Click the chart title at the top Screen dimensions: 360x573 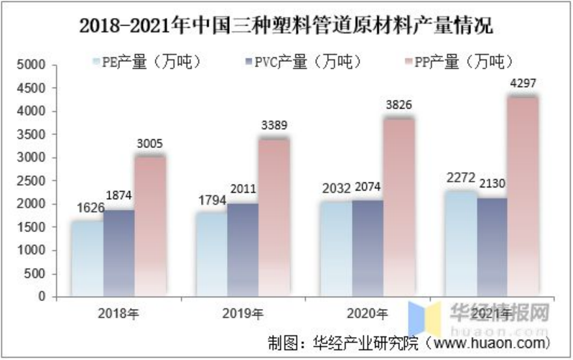(286, 27)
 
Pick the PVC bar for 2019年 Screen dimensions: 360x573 (243, 248)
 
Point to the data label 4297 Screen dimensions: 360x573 (522, 83)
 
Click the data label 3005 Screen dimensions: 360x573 (150, 143)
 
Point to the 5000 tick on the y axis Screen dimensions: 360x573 (32, 65)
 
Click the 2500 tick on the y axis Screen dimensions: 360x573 (32, 181)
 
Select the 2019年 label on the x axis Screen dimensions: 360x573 (243, 313)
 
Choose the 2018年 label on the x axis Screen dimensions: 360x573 (119, 313)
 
